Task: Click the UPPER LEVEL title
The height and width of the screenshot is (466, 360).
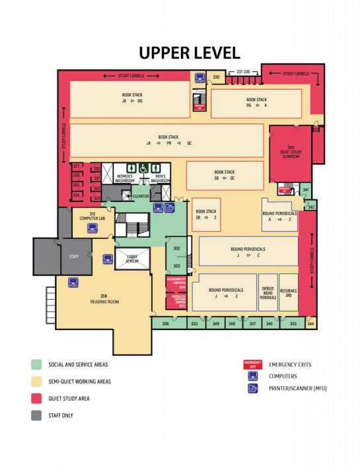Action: [x=188, y=53]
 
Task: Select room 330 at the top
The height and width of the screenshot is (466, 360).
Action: [x=215, y=78]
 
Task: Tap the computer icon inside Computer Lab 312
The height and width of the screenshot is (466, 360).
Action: [x=92, y=228]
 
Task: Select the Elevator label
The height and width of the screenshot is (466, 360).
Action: [x=141, y=196]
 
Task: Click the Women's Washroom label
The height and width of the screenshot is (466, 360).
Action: [x=125, y=178]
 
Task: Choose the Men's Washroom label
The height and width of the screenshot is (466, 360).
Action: [x=158, y=178]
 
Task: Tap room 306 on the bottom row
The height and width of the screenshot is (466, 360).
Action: [x=165, y=324]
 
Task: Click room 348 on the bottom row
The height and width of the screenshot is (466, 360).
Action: [x=232, y=324]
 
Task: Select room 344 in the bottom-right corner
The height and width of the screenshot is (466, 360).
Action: [x=311, y=324]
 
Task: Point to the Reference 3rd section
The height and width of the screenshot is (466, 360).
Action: [x=289, y=292]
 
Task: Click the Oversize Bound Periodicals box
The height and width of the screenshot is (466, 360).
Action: [x=268, y=292]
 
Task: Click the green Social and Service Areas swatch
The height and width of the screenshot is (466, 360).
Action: [x=36, y=364]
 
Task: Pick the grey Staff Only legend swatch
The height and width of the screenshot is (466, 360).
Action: [x=36, y=415]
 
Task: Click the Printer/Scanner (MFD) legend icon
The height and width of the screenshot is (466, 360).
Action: [x=252, y=388]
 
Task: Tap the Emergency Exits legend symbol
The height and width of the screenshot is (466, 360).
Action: [x=252, y=364]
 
